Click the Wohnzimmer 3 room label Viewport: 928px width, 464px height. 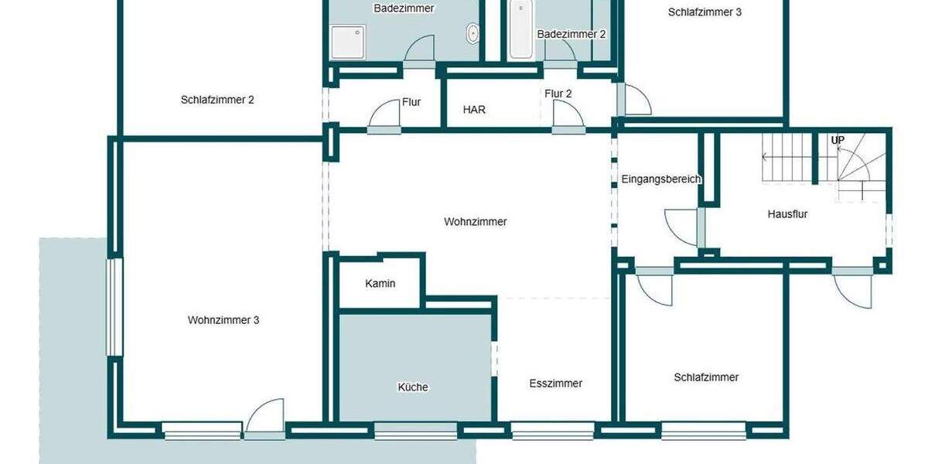pos(223,320)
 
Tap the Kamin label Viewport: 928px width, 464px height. pos(380,284)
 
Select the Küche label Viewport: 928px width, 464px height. pos(413,387)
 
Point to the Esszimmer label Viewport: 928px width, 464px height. pos(555,384)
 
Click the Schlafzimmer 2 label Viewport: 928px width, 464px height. pos(217,100)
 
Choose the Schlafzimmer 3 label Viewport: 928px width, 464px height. pos(705,12)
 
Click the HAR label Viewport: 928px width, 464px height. pos(474,110)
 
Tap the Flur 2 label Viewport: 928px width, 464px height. pos(558,94)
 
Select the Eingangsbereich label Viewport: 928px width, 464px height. pos(661,179)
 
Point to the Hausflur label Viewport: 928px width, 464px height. pos(787,214)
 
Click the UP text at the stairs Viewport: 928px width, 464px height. pos(838,141)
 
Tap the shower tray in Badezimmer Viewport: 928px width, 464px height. pos(347,42)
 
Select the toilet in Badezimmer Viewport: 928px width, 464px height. pos(473,33)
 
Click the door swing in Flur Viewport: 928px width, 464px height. pos(385,116)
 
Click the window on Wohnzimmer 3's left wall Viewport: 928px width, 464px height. pos(114,307)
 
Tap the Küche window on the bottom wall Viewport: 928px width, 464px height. pos(415,430)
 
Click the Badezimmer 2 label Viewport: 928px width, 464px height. pos(571,34)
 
